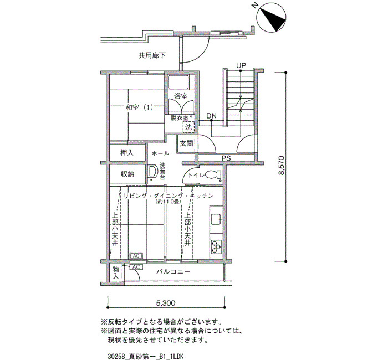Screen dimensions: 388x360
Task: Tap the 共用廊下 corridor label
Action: (x=152, y=55)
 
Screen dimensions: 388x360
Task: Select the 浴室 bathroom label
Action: (x=181, y=96)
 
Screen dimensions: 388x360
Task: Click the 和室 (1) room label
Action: (x=139, y=107)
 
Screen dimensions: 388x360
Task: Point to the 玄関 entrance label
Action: (x=187, y=143)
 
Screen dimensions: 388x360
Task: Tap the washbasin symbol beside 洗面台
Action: (x=152, y=171)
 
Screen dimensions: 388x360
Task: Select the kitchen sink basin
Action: (x=217, y=219)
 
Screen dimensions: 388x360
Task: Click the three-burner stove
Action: (x=217, y=247)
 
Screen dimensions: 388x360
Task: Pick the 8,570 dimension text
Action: (x=282, y=165)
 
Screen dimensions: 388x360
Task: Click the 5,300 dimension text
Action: (x=166, y=303)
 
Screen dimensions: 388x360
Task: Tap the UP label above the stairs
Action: (x=241, y=65)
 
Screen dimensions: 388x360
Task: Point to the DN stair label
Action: (x=211, y=116)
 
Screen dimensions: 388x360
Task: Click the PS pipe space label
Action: (x=226, y=158)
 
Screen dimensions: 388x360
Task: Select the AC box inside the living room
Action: (x=136, y=256)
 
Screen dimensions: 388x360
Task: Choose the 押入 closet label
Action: (x=127, y=152)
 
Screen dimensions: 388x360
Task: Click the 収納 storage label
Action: (x=127, y=174)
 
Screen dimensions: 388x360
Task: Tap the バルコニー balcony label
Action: (x=173, y=272)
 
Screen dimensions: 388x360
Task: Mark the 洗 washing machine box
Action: (x=188, y=127)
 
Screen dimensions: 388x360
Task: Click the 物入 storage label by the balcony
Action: (x=116, y=272)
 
